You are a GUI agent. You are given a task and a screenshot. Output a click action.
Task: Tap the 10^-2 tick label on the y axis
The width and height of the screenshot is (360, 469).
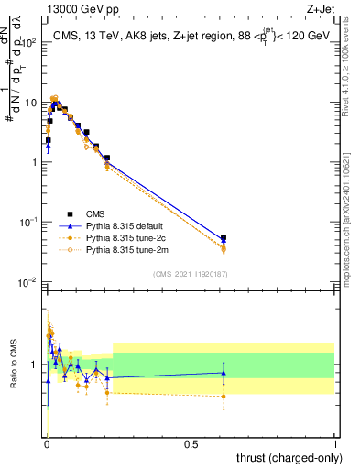tap(32, 282)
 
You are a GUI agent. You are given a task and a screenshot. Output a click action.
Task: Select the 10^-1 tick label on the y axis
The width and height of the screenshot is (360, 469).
tap(32, 223)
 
